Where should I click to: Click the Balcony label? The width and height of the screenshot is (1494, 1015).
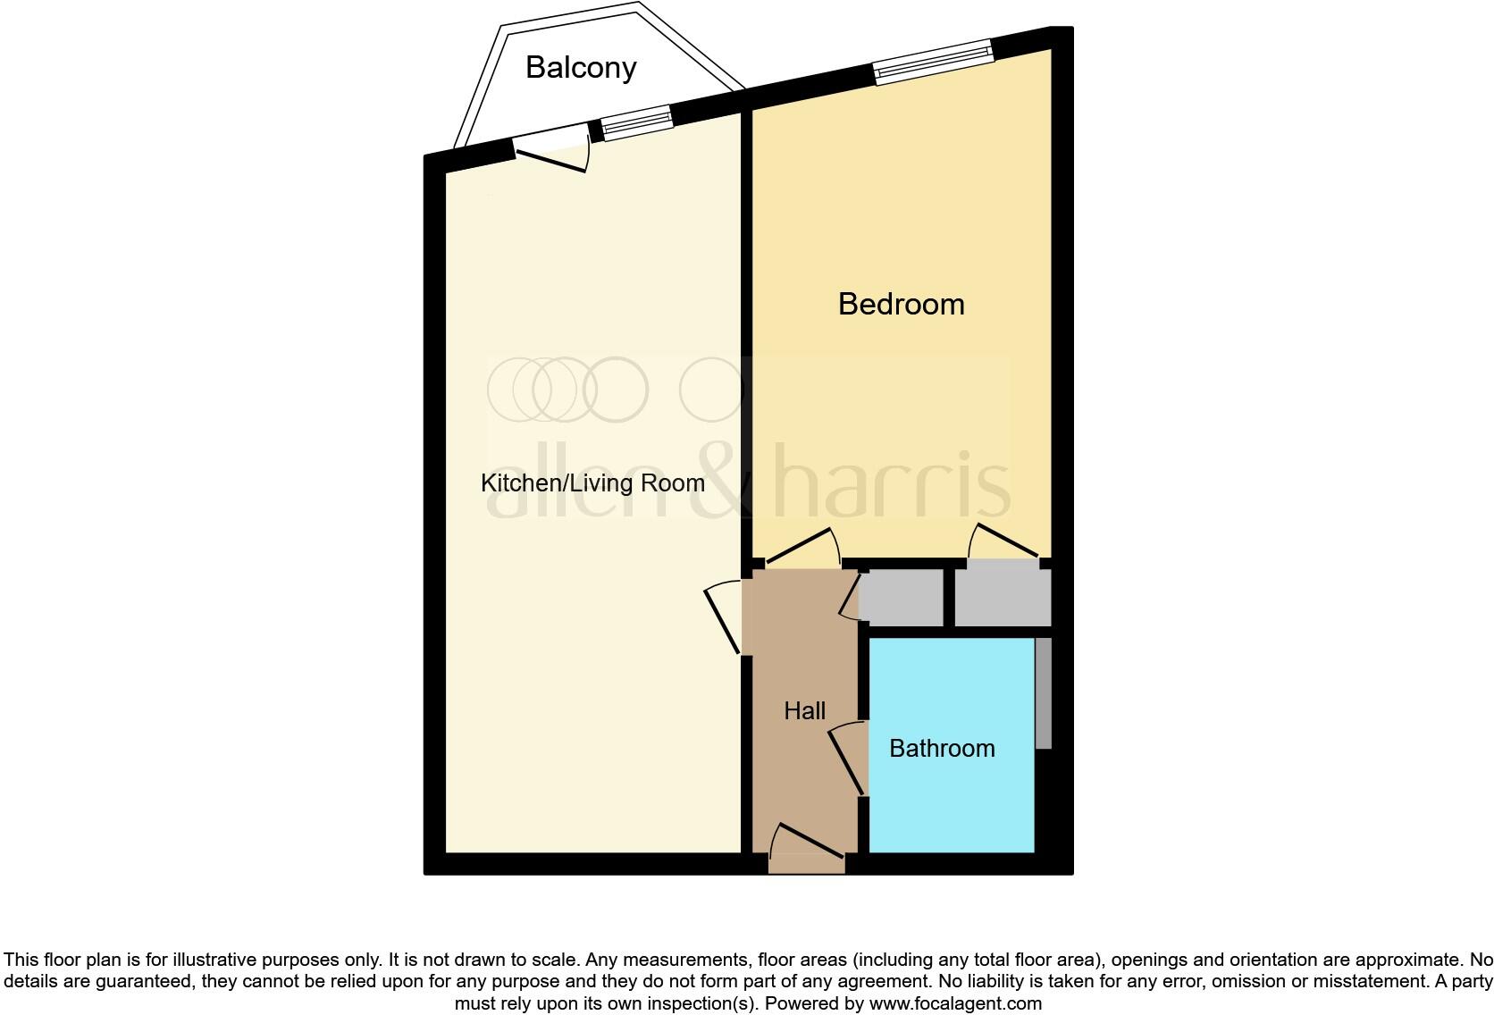(x=581, y=68)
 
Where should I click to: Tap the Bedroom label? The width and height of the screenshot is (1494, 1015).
(x=901, y=305)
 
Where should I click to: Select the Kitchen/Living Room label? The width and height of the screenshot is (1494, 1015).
(x=592, y=483)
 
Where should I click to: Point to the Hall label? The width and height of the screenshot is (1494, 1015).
(x=804, y=711)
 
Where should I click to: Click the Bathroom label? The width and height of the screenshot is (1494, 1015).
(x=942, y=749)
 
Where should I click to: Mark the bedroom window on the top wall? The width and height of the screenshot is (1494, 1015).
(x=933, y=62)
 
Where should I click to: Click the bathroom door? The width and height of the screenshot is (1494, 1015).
(x=849, y=759)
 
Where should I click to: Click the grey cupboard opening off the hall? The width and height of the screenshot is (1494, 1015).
(x=901, y=598)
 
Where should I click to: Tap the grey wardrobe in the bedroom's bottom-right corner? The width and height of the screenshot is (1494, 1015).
(x=1002, y=598)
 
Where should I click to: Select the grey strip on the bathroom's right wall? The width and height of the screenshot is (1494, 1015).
(x=1043, y=693)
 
